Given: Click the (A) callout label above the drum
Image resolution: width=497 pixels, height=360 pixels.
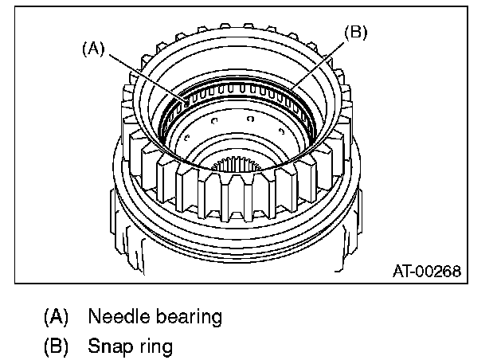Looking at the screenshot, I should coord(94,48).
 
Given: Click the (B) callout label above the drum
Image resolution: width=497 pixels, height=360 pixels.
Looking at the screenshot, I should coord(355,33).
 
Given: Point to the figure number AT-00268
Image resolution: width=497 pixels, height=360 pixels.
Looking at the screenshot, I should coord(426,271).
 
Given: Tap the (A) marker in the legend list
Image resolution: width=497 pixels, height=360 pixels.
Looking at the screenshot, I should coord(55,316).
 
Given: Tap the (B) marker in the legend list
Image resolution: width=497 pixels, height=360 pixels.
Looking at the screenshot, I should coord(55,346).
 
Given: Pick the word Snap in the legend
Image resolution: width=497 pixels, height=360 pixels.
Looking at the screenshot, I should coord(108,347).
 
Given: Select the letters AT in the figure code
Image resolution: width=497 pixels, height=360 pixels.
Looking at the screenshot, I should coord(401,271).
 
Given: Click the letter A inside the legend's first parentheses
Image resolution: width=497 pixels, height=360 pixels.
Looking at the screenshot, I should coord(55,316).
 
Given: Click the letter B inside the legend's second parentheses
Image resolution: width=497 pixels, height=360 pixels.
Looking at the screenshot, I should coord(55,346).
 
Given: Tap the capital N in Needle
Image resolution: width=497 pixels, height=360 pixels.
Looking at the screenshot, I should coord(94,316).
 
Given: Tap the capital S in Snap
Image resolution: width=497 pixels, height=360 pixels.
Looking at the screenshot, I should coord(94,346).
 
